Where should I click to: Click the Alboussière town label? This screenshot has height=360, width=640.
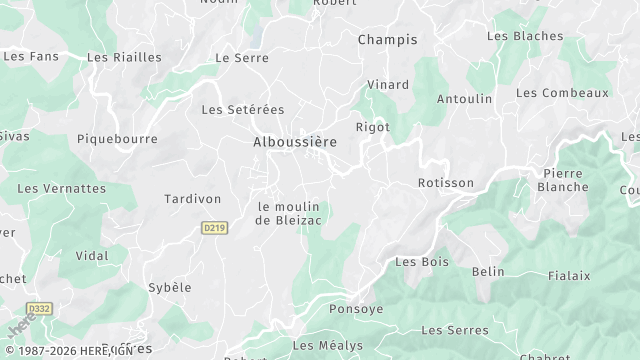point(294,143)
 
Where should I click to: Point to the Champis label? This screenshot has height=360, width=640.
point(387,40)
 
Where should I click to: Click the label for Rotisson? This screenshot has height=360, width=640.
point(445,183)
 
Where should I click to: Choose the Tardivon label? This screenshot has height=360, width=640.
point(192,199)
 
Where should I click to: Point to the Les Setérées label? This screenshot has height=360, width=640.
point(243,109)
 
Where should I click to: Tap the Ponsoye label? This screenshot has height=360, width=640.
point(356,309)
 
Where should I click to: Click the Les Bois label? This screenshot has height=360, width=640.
point(422,262)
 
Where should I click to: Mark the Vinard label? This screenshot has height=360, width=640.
point(388,85)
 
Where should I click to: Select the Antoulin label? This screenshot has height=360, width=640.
point(465,99)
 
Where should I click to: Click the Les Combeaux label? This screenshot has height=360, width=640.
point(562,93)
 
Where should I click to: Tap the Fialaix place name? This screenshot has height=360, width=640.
point(569,275)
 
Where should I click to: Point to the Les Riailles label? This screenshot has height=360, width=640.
point(124,58)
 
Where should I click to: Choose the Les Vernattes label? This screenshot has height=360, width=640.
point(61,188)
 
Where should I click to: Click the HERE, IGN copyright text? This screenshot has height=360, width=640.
point(68,350)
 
